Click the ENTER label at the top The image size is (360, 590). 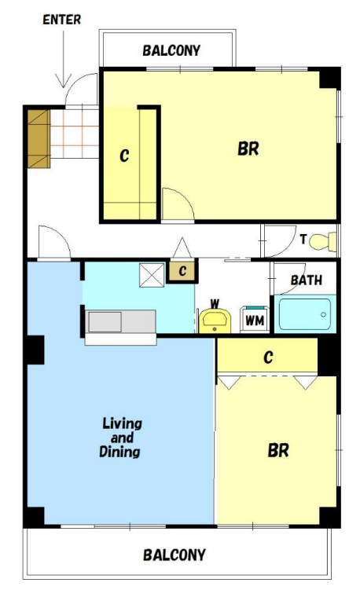point(62,20)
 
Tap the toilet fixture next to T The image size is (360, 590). point(323,241)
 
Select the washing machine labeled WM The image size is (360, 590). point(255,319)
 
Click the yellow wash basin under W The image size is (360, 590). point(215,321)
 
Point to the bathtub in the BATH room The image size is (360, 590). point(305,313)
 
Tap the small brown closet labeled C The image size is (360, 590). point(182,271)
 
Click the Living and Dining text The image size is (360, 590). point(120,438)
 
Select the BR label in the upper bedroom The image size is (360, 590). point(248,149)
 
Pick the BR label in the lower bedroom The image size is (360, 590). point(278,450)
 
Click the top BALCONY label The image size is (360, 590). point(171,50)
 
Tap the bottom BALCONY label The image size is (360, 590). point(174,555)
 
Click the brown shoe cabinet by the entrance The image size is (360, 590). point(39,139)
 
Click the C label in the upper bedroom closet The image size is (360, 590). point(124,156)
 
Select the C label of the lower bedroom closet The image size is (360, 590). point(268,357)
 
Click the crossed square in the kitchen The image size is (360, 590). point(152,276)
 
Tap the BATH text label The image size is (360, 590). point(307,280)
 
